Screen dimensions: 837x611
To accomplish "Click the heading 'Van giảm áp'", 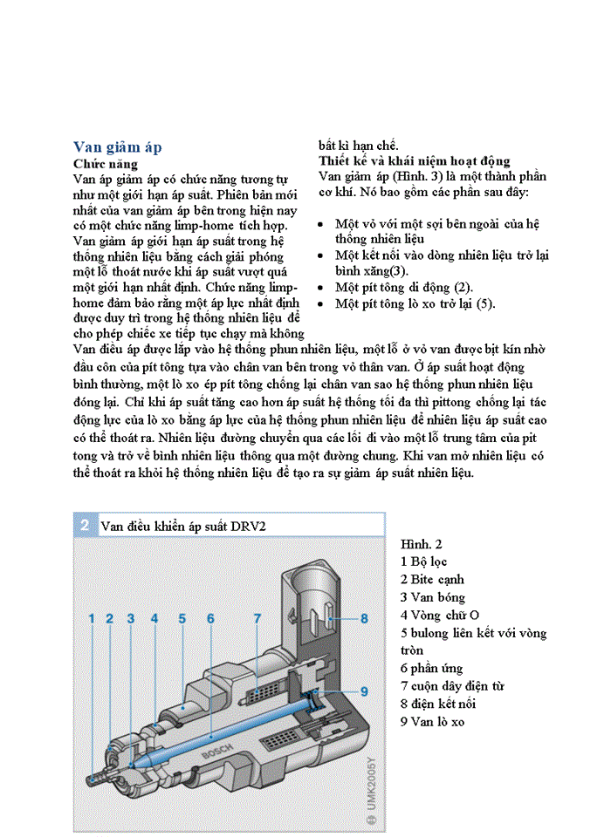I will (117, 146).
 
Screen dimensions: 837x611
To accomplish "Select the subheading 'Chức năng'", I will (105, 163).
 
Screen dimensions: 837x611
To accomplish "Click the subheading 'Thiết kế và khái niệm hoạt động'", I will (414, 161).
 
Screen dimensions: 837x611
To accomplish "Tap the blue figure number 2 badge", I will (85, 525).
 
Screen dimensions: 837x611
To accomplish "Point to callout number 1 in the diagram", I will (91, 618).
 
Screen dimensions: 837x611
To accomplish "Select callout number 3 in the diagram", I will (131, 618).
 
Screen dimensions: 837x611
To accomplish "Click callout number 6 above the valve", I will (211, 618).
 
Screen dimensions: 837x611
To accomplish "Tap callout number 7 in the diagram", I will (257, 618).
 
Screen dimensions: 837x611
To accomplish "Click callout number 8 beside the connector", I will (365, 618).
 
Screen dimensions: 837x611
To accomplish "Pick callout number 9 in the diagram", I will (365, 691).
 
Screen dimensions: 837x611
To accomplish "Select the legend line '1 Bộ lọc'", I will (423, 562).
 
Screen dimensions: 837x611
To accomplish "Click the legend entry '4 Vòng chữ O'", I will (440, 616).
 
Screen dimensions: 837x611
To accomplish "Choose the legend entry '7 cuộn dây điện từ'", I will (452, 686).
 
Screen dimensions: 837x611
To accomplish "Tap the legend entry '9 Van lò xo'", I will (433, 721).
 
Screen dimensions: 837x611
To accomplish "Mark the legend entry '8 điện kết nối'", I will (438, 704).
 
